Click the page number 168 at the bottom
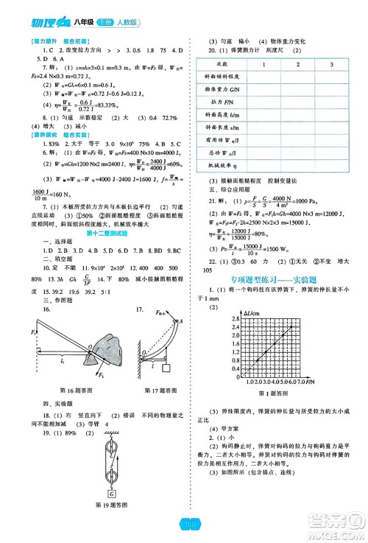[x=184, y=524]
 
